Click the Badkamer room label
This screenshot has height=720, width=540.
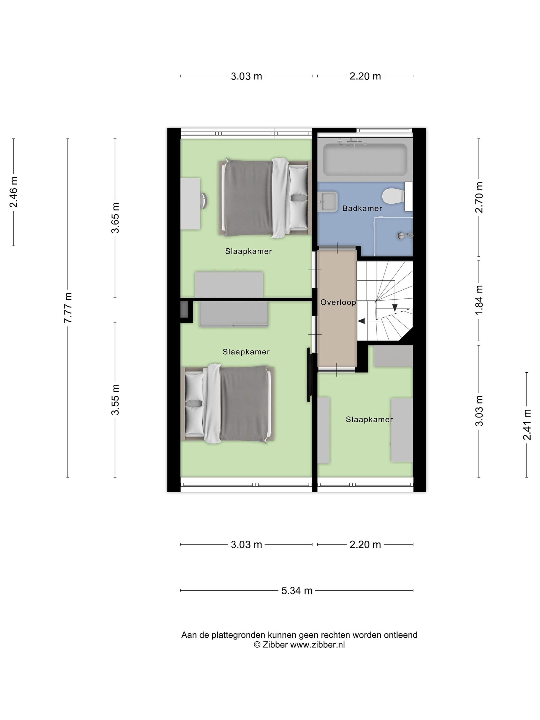click(362, 208)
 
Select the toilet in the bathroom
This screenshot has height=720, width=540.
click(393, 196)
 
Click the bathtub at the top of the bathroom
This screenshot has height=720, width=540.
click(365, 160)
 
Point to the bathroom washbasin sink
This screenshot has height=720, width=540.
click(328, 202)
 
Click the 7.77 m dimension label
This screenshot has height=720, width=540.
click(68, 307)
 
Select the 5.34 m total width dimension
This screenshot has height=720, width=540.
click(297, 590)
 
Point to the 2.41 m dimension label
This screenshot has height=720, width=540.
click(527, 424)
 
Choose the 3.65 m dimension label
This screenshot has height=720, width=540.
click(115, 218)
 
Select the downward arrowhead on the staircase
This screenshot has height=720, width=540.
click(395, 307)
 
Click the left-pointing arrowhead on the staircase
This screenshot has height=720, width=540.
click(361, 321)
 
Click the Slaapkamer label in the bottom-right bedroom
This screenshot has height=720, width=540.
click(369, 419)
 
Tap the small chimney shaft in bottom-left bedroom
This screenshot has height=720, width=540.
click(184, 309)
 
